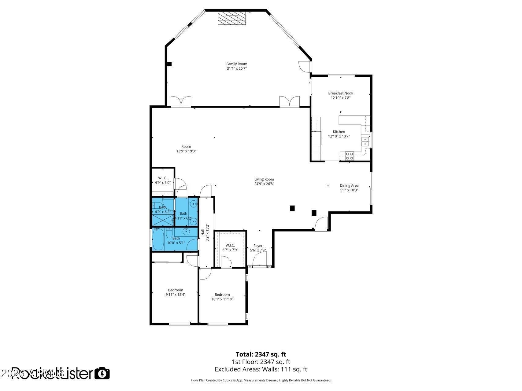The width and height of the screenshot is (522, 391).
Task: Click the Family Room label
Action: click(237, 64)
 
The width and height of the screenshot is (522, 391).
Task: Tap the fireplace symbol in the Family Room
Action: click(232, 18)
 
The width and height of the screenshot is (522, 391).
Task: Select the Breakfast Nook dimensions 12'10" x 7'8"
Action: click(340, 98)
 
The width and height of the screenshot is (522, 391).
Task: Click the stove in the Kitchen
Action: click(349, 156)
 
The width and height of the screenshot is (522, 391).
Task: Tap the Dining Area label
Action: click(349, 185)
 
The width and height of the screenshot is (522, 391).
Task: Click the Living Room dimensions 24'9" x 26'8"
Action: click(264, 184)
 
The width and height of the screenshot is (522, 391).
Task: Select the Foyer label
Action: click(258, 246)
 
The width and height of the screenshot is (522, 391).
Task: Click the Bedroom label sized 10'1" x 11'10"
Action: click(222, 294)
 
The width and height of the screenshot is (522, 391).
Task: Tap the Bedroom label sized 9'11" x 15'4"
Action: click(176, 290)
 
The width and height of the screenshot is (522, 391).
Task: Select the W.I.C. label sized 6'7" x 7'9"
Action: click(230, 245)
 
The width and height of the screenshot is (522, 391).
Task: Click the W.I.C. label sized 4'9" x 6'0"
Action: click(162, 178)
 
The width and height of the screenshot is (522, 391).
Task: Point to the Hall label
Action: click(203, 232)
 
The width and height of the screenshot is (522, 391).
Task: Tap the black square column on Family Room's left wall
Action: click(169, 64)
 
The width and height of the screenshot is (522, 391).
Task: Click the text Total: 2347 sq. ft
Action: click(261, 354)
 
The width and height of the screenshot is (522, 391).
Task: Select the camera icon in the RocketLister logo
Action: click(102, 373)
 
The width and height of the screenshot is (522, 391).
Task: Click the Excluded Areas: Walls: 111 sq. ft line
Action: click(261, 369)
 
